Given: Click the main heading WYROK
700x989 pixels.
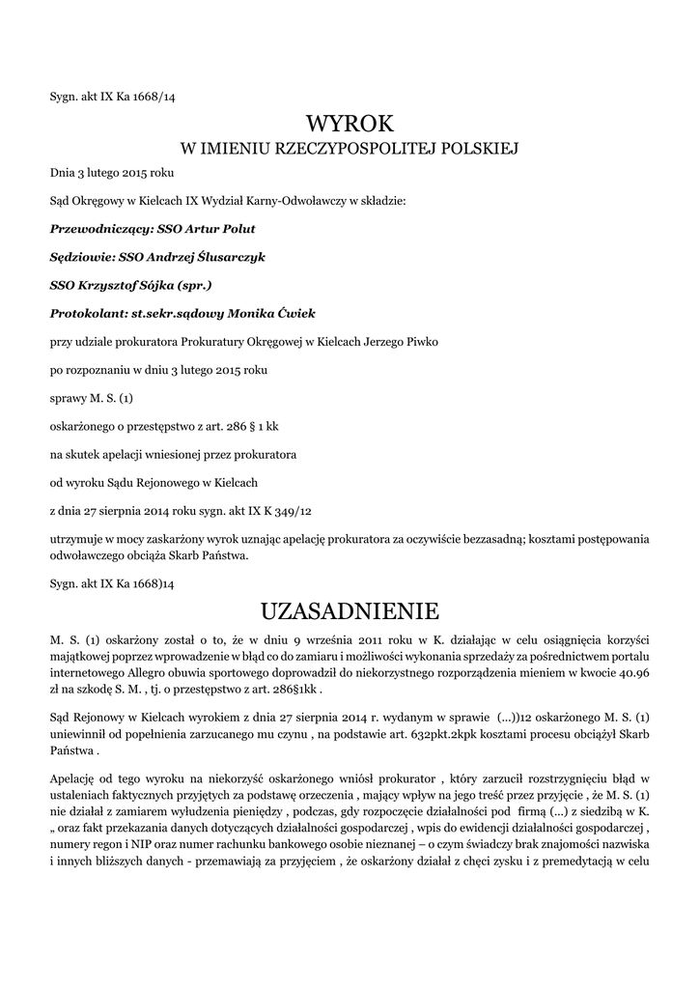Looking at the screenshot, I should point(350,124).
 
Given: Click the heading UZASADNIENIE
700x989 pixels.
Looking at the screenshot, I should point(350,611).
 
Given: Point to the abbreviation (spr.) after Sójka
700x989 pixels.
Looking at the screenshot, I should point(192,286).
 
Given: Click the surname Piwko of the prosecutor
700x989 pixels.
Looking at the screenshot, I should point(429,342).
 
